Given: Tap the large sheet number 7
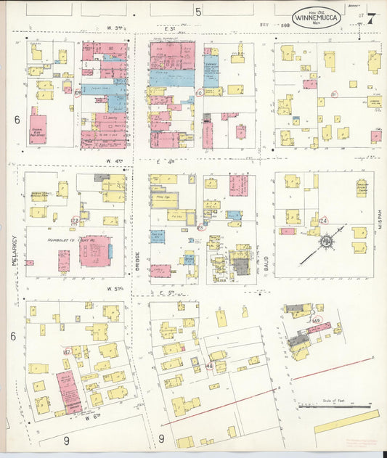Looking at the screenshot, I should [x=371, y=17].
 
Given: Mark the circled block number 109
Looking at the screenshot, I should [x=77, y=92].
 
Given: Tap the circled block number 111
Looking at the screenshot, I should [x=333, y=94].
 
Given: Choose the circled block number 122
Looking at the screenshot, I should [x=74, y=221].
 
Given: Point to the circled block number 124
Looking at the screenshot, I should [x=324, y=221].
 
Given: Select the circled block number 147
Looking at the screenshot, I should [x=67, y=352].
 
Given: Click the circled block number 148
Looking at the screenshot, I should [x=209, y=366].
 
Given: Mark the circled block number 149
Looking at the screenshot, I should [x=317, y=320].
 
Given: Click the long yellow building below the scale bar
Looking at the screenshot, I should [x=346, y=421].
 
